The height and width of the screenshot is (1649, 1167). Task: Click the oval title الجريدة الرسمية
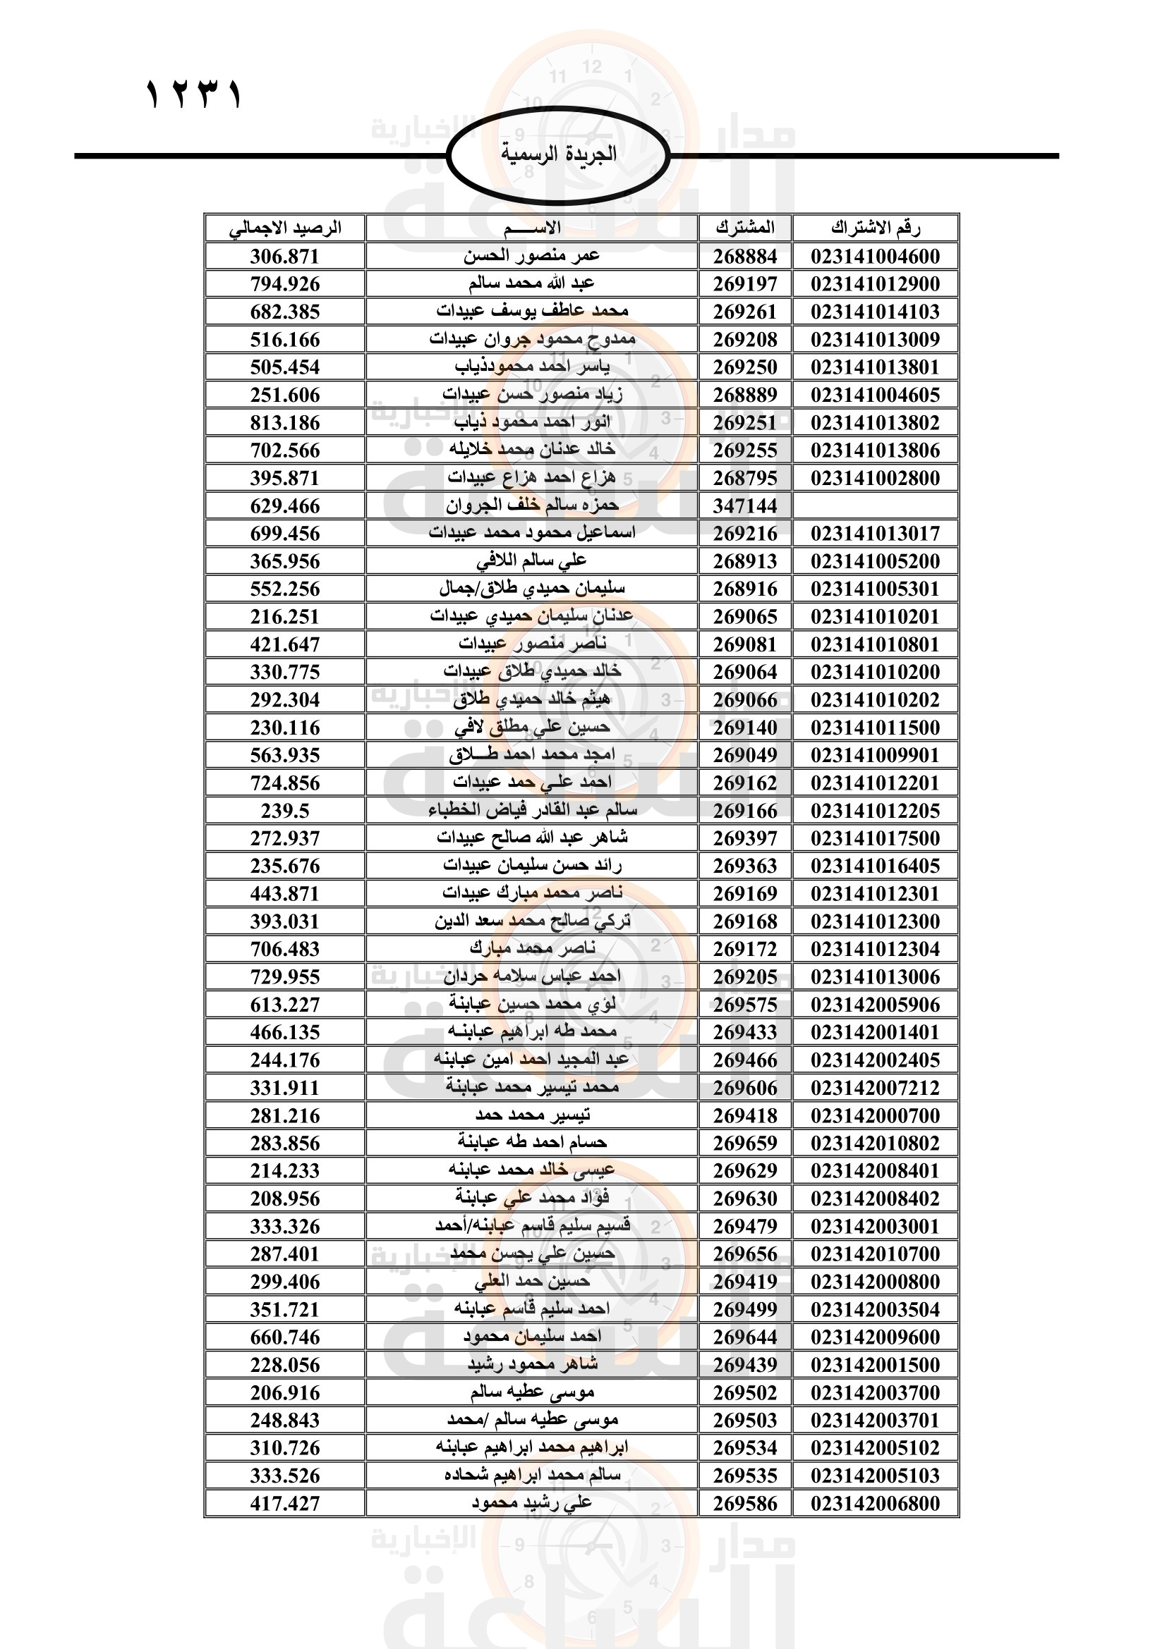coord(558,154)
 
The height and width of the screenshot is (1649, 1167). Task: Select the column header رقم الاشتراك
coord(875,228)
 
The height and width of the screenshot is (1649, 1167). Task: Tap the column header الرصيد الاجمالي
coord(285,228)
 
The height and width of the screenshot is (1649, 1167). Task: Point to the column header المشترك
coord(745,228)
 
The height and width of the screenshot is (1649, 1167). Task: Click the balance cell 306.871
coord(284,257)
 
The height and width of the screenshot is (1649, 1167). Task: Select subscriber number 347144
coord(745,505)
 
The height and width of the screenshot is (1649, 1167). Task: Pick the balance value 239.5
coord(284,811)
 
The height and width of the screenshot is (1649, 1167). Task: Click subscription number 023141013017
coord(875,534)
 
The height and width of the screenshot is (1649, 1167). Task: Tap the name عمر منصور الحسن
coord(532,256)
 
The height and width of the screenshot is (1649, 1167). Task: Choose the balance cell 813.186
coord(284,423)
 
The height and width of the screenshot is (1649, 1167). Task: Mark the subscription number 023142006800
coord(875,1503)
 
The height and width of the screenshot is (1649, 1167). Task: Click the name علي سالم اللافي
coord(532,561)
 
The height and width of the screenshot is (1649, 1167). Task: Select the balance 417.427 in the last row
coord(284,1503)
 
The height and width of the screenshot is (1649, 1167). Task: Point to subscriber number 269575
coord(745,1005)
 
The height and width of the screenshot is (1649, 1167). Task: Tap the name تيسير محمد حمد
coord(532,1115)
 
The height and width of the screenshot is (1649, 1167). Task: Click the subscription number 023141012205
coord(875,811)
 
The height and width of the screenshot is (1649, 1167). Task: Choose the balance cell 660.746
coord(284,1337)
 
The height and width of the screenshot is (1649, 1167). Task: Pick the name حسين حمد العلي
coord(532,1281)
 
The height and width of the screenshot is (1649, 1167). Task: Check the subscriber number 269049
coord(745,756)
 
